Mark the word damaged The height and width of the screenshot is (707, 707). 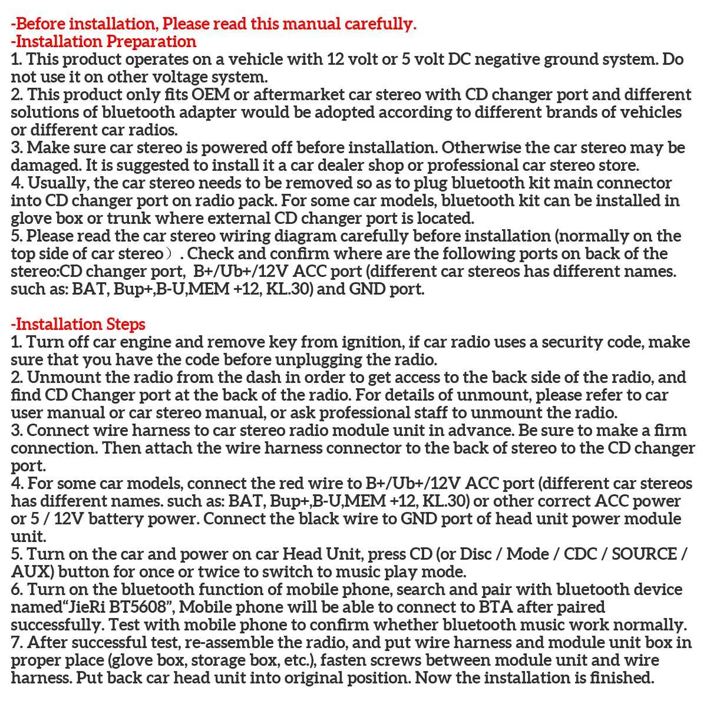pyautogui.click(x=44, y=166)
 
